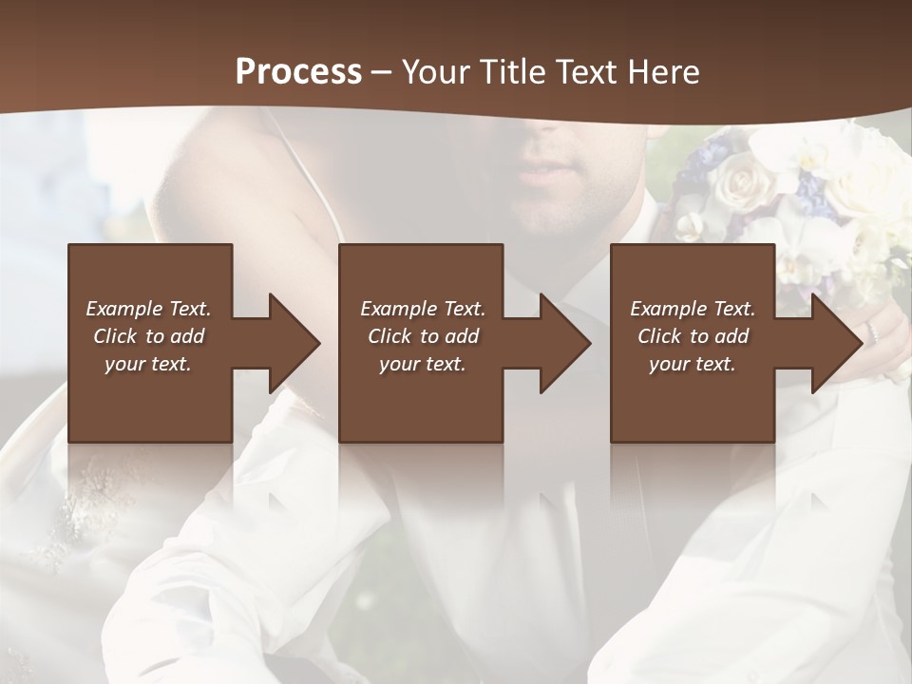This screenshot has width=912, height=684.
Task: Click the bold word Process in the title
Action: point(298,72)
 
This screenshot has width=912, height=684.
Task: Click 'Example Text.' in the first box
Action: point(148,309)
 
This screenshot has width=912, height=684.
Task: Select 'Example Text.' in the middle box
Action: point(423,309)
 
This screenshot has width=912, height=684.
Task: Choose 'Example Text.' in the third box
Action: point(693,309)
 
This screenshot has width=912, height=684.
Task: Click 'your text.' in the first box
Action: point(148,364)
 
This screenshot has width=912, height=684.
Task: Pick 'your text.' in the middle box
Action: point(423,364)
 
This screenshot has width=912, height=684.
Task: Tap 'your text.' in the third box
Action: point(693,364)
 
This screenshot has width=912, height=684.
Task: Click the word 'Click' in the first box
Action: point(116,336)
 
